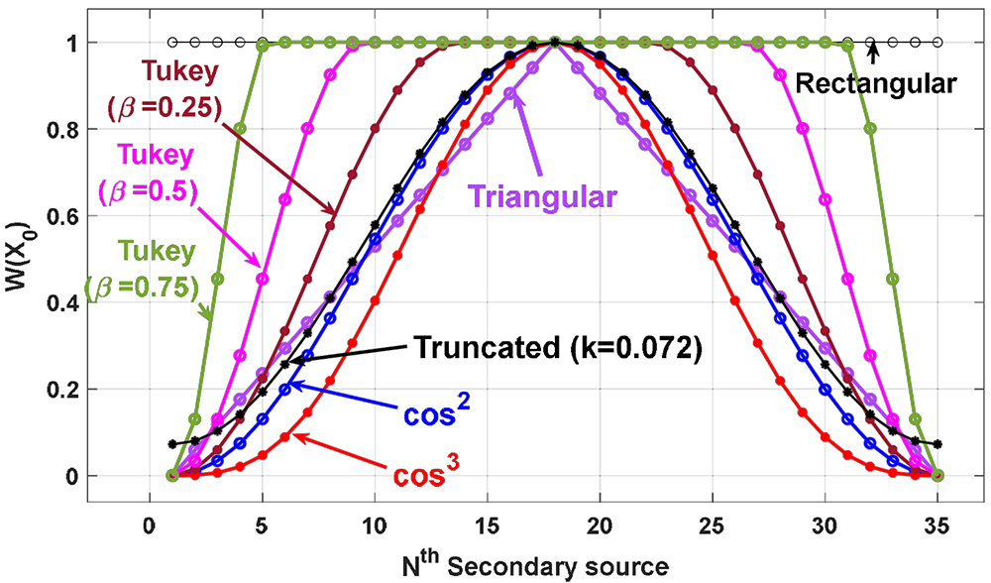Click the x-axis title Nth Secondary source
[534, 565]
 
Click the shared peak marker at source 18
[555, 42]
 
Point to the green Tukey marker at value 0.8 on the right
[870, 128]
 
